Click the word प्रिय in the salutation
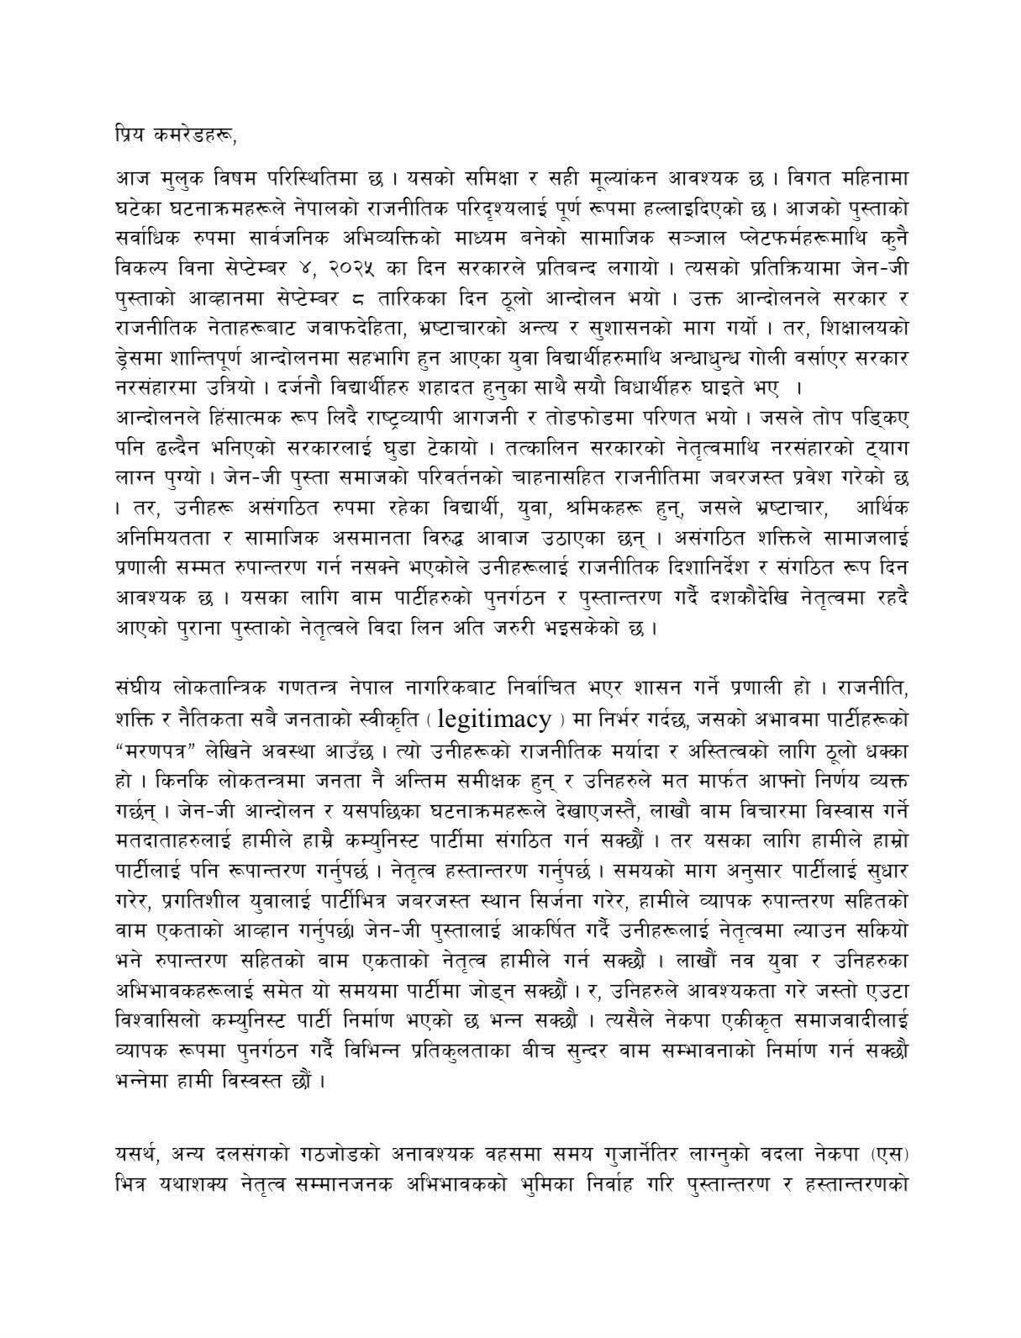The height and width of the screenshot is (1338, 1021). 130,131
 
